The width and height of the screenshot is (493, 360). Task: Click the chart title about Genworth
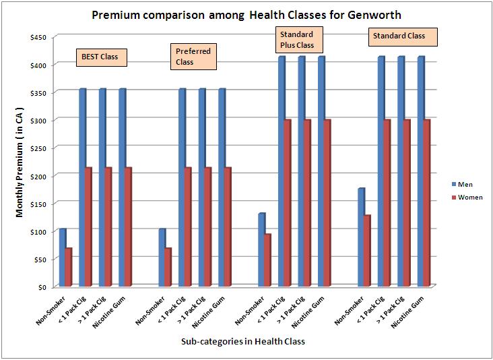246,16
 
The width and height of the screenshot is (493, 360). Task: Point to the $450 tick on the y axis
38,37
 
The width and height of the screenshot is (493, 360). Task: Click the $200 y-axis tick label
38,175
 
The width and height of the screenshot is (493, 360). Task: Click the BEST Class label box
100,57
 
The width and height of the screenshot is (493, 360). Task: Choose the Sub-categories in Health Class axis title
242,342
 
